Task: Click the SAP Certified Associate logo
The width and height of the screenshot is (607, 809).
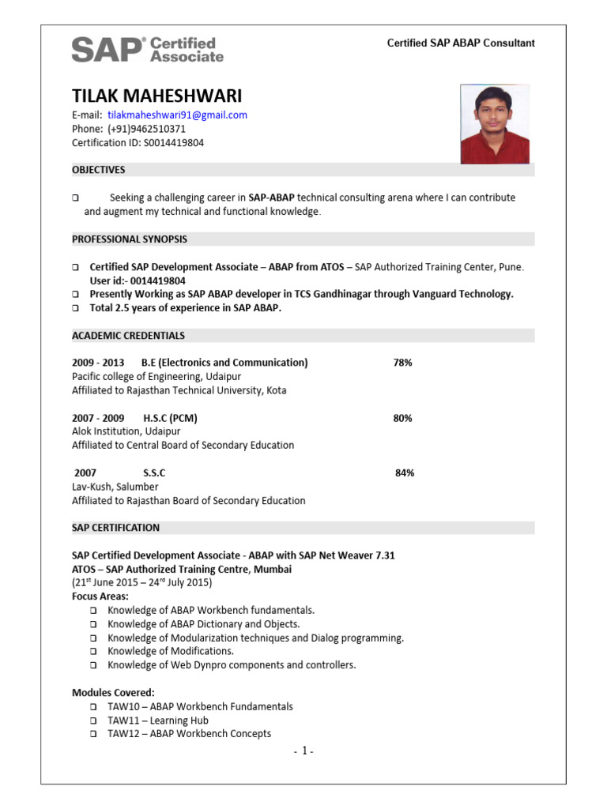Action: pyautogui.click(x=147, y=49)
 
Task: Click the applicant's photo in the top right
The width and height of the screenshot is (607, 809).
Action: pyautogui.click(x=497, y=124)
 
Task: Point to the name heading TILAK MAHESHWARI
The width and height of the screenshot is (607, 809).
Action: pyautogui.click(x=156, y=96)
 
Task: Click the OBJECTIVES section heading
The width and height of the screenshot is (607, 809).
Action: pyautogui.click(x=99, y=170)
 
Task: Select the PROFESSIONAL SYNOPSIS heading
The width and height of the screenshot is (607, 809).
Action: pyautogui.click(x=130, y=239)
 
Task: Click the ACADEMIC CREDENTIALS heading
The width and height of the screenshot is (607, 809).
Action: pyautogui.click(x=128, y=335)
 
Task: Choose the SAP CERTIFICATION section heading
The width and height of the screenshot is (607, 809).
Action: pyautogui.click(x=115, y=527)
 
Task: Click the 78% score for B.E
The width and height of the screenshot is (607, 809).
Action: pyautogui.click(x=402, y=363)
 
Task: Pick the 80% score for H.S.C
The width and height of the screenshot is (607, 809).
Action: pyautogui.click(x=402, y=418)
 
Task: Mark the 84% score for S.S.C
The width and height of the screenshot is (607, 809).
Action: pyautogui.click(x=404, y=472)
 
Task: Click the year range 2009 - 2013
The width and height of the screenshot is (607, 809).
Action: pyautogui.click(x=98, y=363)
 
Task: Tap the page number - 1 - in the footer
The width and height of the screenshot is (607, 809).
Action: pyautogui.click(x=303, y=751)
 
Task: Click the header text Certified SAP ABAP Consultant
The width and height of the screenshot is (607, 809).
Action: pyautogui.click(x=460, y=43)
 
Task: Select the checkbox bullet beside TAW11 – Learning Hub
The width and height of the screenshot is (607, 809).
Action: pyautogui.click(x=92, y=721)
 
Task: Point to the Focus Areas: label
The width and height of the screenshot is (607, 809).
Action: pyautogui.click(x=100, y=596)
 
